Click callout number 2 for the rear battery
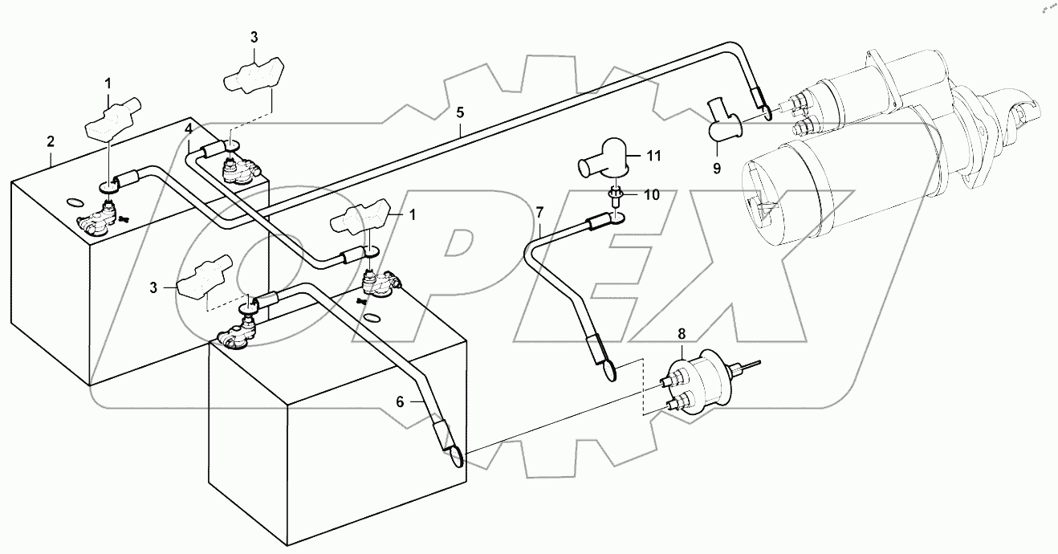[51, 141]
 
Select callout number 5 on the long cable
[460, 112]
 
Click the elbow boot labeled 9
[724, 122]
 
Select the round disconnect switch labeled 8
[698, 381]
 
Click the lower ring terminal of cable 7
[608, 371]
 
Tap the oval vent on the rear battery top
[71, 202]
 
